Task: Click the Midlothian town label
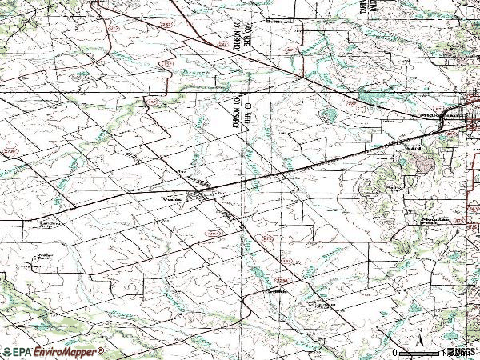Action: [435, 116]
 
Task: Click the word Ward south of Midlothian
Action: [414, 147]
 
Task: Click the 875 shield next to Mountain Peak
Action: [459, 218]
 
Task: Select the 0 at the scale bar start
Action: [395, 353]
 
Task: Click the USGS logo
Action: [462, 352]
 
